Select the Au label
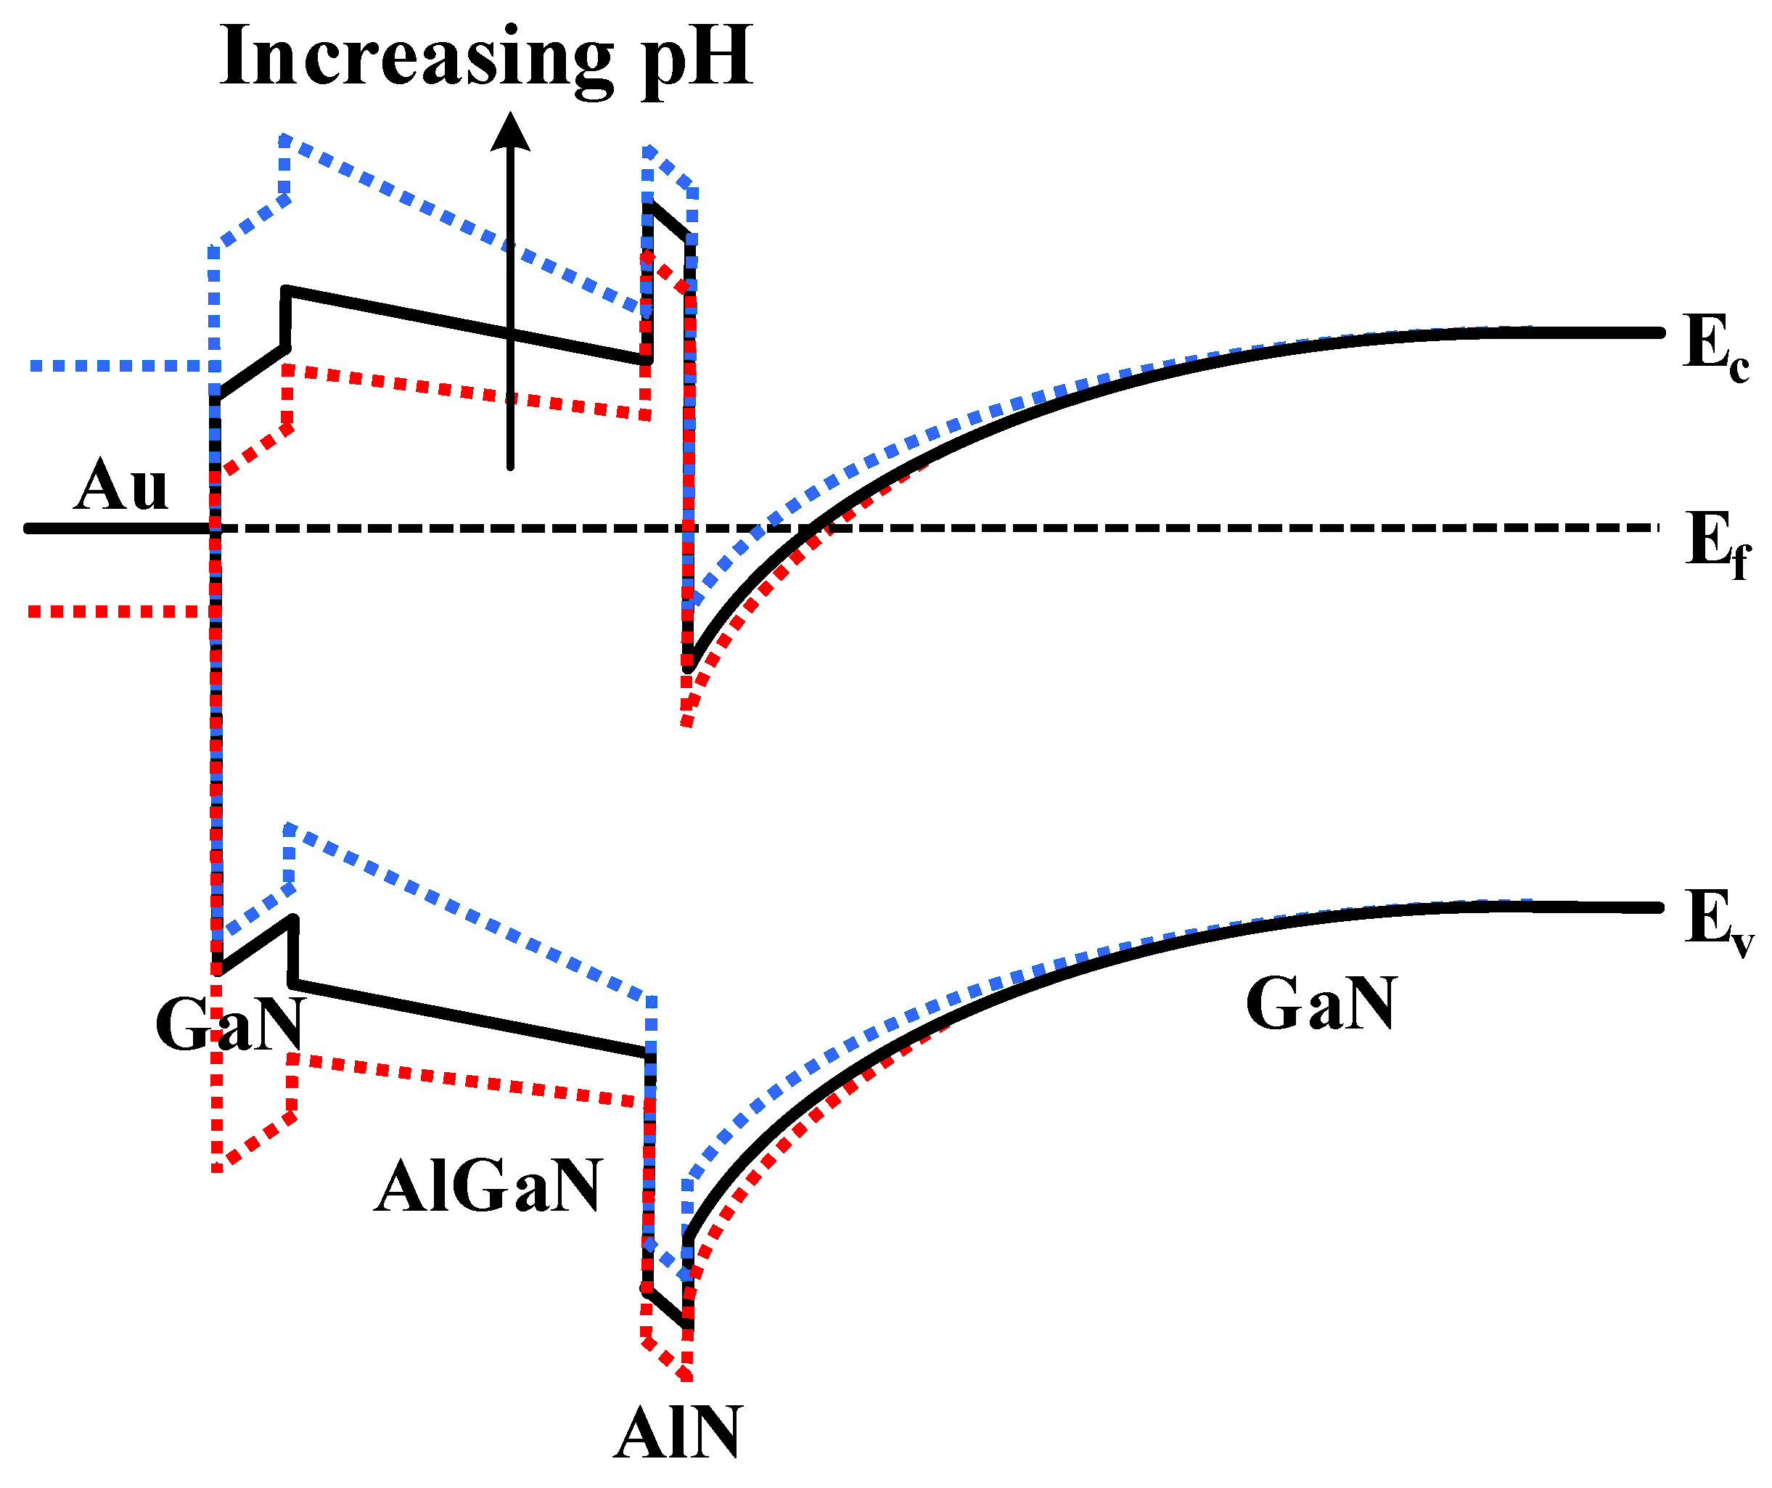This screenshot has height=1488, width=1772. click(120, 486)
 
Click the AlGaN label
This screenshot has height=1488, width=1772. click(488, 1187)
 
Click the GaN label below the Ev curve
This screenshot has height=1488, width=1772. click(1321, 1005)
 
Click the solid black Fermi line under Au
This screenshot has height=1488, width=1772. click(118, 528)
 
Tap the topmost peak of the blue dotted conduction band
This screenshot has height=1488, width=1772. click(285, 139)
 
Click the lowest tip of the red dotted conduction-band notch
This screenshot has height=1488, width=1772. click(686, 722)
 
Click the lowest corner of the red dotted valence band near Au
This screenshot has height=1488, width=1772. click(218, 1168)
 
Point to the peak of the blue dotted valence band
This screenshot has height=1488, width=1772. click(290, 829)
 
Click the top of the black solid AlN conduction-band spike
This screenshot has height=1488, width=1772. click(648, 203)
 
